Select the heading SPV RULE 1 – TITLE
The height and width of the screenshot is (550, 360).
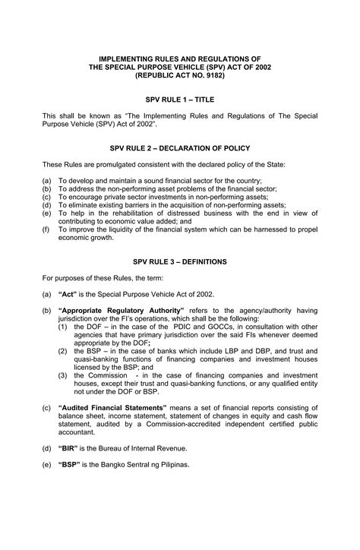[x=180, y=99]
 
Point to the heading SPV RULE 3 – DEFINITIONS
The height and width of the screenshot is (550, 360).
[x=180, y=261]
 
